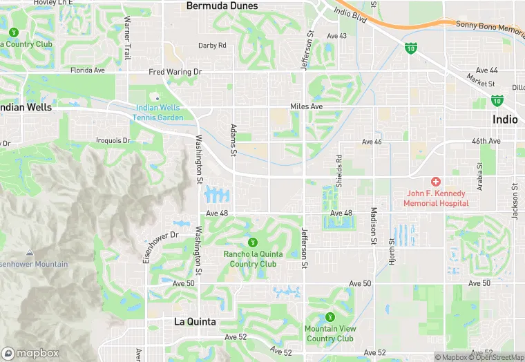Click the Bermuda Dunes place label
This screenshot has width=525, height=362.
(222, 6)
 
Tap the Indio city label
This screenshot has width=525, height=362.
(505, 120)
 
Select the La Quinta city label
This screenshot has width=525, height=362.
(195, 322)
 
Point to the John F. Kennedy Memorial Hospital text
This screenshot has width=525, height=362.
(437, 198)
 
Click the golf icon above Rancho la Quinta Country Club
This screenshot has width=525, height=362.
(253, 242)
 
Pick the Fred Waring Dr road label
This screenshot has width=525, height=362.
(175, 71)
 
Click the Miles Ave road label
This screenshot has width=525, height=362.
(306, 106)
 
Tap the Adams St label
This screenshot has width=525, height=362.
(233, 139)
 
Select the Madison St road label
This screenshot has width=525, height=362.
(374, 225)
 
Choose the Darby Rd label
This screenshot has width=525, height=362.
(212, 46)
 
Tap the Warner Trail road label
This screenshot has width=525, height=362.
(126, 37)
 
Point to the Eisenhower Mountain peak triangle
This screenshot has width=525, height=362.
(29, 253)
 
